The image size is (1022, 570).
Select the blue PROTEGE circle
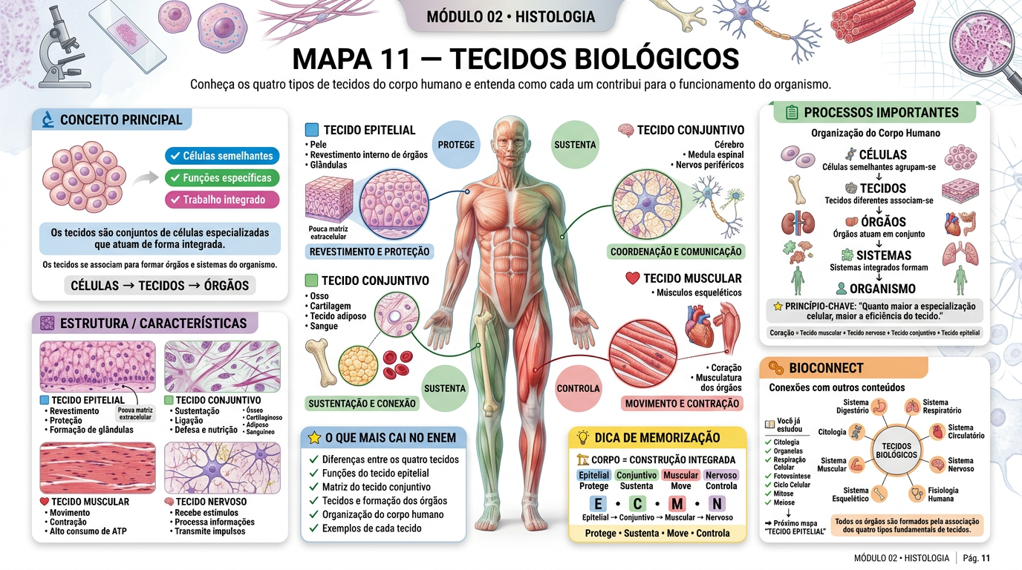tap(456, 145)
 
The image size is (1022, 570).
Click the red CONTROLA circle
tap(578, 388)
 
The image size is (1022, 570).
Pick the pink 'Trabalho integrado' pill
tap(222, 200)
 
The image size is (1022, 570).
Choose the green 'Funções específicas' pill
tap(222, 178)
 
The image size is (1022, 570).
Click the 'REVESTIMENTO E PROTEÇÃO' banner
tap(369, 252)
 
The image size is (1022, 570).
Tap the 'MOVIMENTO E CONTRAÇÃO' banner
tap(682, 404)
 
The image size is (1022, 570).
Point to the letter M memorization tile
tap(677, 504)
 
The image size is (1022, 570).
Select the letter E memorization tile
tap(598, 504)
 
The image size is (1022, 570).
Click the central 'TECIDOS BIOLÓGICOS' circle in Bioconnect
tap(896, 451)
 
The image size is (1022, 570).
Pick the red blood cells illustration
tap(397, 364)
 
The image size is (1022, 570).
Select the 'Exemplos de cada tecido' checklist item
tap(371, 528)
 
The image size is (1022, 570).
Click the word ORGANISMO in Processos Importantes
tap(882, 289)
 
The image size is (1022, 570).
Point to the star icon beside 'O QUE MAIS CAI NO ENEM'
tap(314, 438)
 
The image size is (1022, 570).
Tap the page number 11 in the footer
tap(986, 558)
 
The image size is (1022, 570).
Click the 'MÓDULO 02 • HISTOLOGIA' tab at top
tap(510, 17)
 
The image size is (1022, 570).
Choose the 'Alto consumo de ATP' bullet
tap(85, 531)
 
